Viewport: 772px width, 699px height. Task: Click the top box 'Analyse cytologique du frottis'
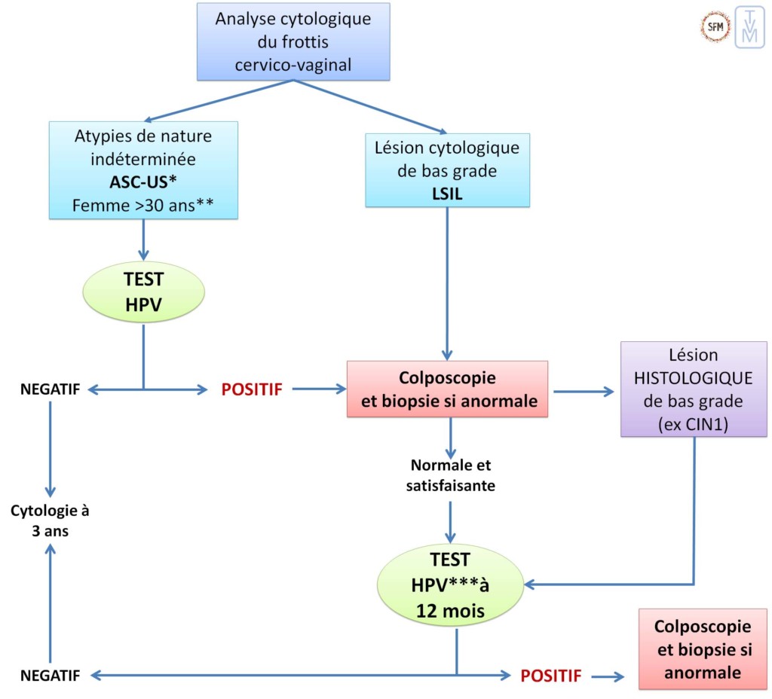click(293, 41)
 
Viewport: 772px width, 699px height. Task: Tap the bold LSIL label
click(446, 192)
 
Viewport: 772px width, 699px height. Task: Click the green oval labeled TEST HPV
click(143, 294)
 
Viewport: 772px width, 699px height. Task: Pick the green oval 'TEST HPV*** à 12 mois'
click(451, 585)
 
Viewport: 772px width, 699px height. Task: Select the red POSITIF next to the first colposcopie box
click(251, 389)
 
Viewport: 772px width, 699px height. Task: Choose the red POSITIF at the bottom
click(550, 676)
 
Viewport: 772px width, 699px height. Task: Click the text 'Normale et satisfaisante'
click(451, 476)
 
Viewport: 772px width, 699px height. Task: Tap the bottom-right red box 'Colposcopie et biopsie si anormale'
click(702, 649)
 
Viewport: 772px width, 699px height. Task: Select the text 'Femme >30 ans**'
click(143, 204)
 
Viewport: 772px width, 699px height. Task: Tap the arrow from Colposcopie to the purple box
click(584, 391)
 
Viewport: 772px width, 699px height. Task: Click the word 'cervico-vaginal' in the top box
click(293, 65)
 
